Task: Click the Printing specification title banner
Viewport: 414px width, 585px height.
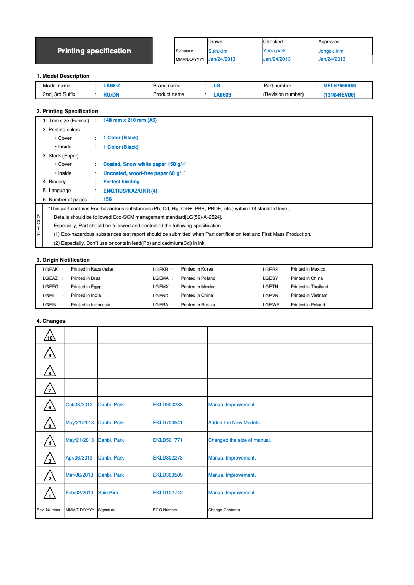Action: click(x=94, y=51)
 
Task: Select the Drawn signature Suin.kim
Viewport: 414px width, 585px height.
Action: click(x=217, y=51)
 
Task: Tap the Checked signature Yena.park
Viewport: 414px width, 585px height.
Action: click(x=274, y=51)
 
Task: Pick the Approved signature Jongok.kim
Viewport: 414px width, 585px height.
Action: click(x=330, y=51)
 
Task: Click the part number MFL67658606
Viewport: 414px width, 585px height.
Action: click(x=339, y=86)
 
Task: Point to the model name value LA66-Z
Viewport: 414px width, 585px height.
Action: click(x=112, y=86)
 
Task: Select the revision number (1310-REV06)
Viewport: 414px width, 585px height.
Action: click(x=339, y=95)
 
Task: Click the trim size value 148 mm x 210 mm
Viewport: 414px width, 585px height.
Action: click(x=130, y=120)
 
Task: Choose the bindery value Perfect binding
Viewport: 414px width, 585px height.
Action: click(x=121, y=182)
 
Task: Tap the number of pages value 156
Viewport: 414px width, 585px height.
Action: click(x=107, y=199)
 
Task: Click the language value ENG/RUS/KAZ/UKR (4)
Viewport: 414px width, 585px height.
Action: click(x=130, y=191)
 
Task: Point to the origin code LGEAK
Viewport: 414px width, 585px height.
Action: click(x=50, y=270)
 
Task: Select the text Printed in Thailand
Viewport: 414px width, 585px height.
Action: click(x=309, y=287)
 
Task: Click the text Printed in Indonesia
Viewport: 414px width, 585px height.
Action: click(x=90, y=305)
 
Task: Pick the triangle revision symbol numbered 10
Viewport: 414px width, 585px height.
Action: click(x=50, y=336)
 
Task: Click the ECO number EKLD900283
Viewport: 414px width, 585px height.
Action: click(x=168, y=405)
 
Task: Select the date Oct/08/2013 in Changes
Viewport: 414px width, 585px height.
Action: click(x=79, y=405)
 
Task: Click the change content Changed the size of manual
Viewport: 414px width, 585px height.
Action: click(x=239, y=440)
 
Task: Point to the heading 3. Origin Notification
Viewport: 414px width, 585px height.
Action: click(x=62, y=260)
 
